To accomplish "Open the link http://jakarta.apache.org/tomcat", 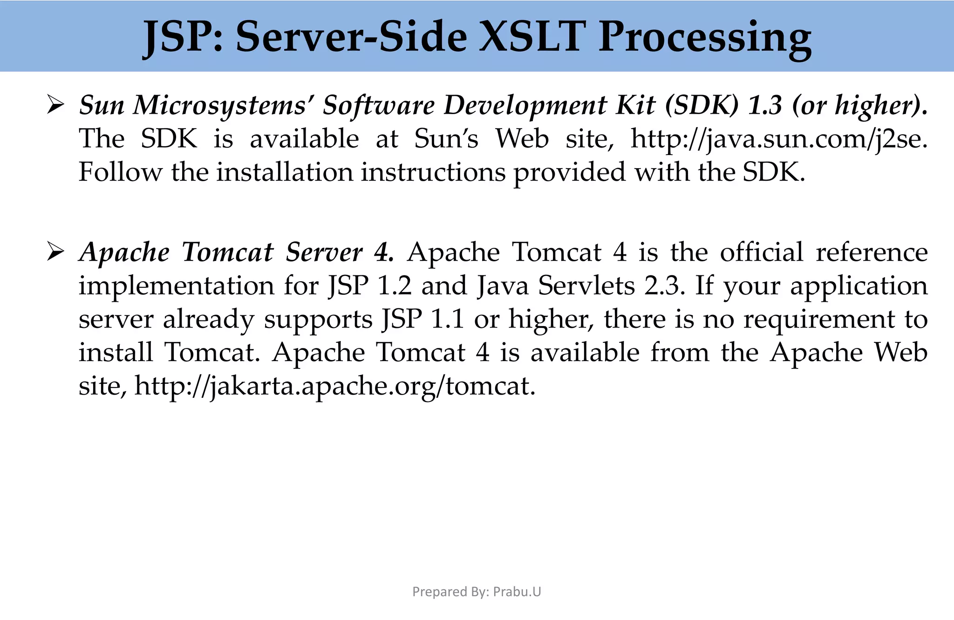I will (x=335, y=386).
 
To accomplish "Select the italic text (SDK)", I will (x=702, y=105).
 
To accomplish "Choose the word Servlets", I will (x=586, y=286).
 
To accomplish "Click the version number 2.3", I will (x=665, y=286).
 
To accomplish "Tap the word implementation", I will (x=176, y=286).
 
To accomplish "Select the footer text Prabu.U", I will (x=517, y=592).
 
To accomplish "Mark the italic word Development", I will (x=525, y=105).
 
